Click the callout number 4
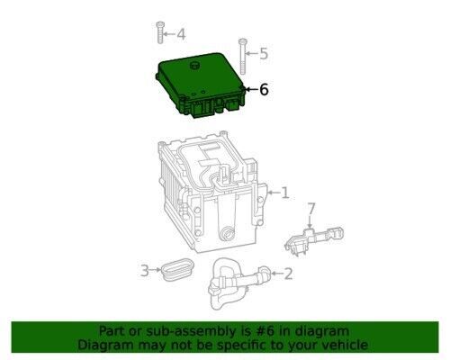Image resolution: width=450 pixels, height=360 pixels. tap(181, 34)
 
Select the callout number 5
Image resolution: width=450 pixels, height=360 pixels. tap(264, 54)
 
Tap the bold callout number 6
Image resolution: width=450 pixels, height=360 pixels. tap(264, 89)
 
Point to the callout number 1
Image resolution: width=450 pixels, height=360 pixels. tap(284, 193)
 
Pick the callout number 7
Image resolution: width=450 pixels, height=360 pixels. tap(311, 209)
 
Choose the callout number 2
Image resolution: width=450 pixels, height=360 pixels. tap(288, 274)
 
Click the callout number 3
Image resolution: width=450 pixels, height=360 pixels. tap(145, 271)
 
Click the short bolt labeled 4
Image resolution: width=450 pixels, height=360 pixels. tap(160, 32)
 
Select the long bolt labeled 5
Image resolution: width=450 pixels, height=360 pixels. tap(243, 57)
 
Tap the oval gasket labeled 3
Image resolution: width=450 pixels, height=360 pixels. tap(177, 268)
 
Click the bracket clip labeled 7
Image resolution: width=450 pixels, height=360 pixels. tap(313, 239)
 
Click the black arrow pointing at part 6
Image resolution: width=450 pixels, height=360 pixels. tap(251, 89)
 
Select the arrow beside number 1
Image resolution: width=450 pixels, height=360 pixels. tap(273, 193)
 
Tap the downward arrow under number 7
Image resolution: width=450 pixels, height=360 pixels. tap(310, 222)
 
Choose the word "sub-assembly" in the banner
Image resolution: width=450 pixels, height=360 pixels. tap(195, 332)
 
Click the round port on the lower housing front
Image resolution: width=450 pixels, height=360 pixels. tap(227, 233)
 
